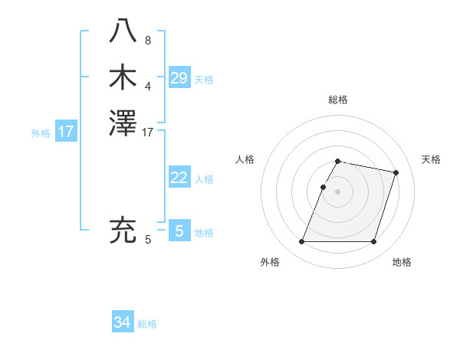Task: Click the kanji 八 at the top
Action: (123, 31)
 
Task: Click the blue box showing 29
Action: (179, 77)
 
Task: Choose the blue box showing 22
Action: (179, 178)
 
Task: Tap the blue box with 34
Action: (122, 322)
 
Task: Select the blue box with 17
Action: (66, 132)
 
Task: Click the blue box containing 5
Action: (179, 231)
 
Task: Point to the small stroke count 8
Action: (148, 41)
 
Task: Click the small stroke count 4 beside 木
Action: (148, 86)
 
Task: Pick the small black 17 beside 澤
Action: (148, 133)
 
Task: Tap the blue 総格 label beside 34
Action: (147, 324)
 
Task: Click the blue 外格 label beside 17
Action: (41, 133)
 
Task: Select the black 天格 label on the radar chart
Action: (431, 159)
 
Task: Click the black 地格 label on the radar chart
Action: (402, 263)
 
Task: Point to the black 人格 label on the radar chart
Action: (245, 159)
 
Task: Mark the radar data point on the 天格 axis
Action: (396, 173)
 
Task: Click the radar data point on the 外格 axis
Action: (302, 242)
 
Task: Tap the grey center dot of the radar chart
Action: (338, 191)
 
